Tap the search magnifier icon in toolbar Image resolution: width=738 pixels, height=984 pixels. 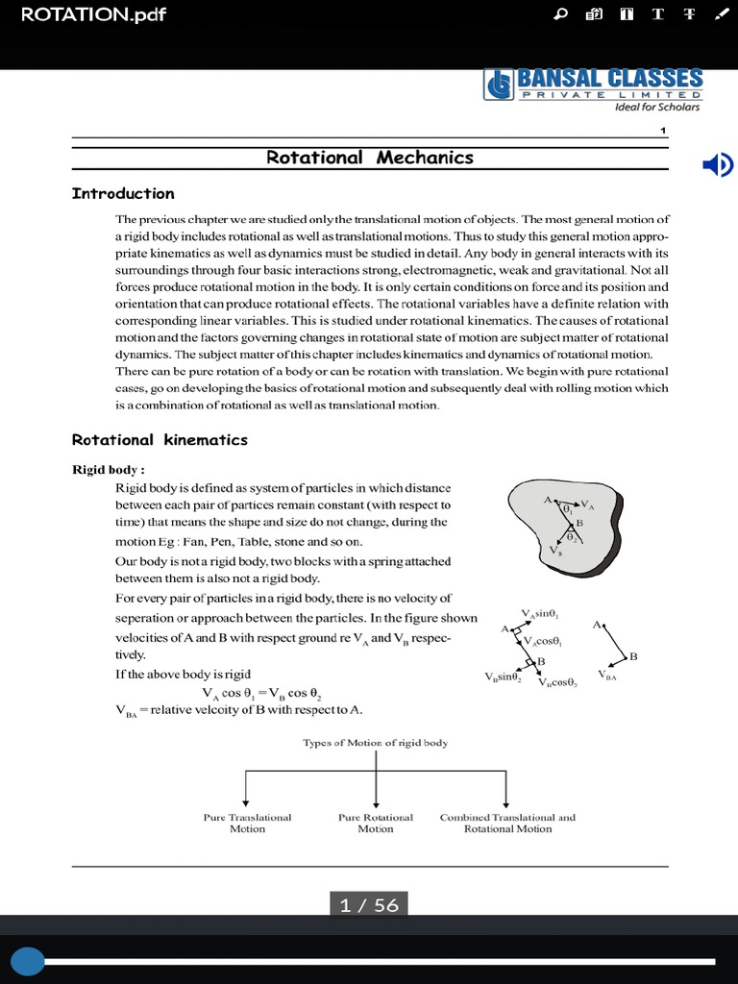pos(562,14)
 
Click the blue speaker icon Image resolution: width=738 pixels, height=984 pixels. pos(717,165)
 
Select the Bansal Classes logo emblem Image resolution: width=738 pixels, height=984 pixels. pos(499,86)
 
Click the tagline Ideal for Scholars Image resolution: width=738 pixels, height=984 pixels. pos(657,107)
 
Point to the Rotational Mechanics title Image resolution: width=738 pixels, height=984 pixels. pos(369,158)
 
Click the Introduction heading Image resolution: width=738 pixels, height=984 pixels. pos(123,193)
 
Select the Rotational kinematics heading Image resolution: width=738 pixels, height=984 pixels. pos(160,440)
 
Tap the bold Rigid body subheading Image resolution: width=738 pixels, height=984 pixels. pos(109,470)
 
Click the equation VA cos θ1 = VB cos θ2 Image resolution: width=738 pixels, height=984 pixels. pos(261,693)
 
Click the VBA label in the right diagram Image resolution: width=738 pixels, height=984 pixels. pos(607,676)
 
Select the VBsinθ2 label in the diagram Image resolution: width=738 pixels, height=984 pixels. pos(503,677)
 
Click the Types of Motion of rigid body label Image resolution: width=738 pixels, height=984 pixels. pos(375,743)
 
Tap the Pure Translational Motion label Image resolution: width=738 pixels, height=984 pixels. pos(247,823)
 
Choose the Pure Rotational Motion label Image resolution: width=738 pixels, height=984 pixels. pos(376,823)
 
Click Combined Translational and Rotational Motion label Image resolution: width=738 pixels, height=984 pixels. pos(507,823)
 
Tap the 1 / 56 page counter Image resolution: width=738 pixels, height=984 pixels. pos(369,905)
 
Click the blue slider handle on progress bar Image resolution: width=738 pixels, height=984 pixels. pos(27,961)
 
